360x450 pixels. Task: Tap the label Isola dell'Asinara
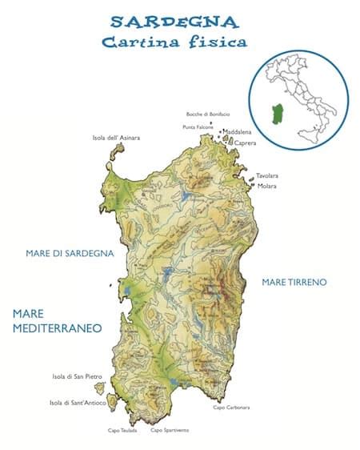pyautogui.click(x=117, y=138)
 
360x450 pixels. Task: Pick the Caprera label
pyautogui.click(x=245, y=143)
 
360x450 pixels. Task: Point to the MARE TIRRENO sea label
pyautogui.click(x=294, y=282)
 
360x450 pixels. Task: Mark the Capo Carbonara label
pyautogui.click(x=230, y=408)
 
